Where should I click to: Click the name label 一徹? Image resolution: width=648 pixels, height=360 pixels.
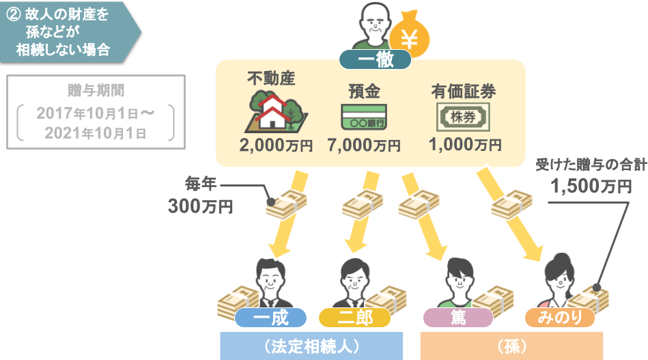375,60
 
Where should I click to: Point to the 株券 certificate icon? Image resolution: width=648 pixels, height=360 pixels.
463,116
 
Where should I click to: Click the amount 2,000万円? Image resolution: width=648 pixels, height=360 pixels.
275,146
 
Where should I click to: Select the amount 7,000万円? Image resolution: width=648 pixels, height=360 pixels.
363,146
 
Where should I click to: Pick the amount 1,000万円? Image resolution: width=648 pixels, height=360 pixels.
465,145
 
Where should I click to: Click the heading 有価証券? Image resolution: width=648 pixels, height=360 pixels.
463,92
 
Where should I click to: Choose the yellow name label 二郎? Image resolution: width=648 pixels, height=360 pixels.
355,318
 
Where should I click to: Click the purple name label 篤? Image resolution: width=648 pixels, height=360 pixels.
457,318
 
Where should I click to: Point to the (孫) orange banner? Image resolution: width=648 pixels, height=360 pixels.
511,346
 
